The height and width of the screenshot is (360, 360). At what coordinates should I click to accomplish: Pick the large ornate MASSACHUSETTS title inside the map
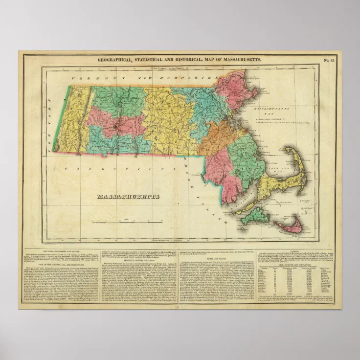point(128,197)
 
